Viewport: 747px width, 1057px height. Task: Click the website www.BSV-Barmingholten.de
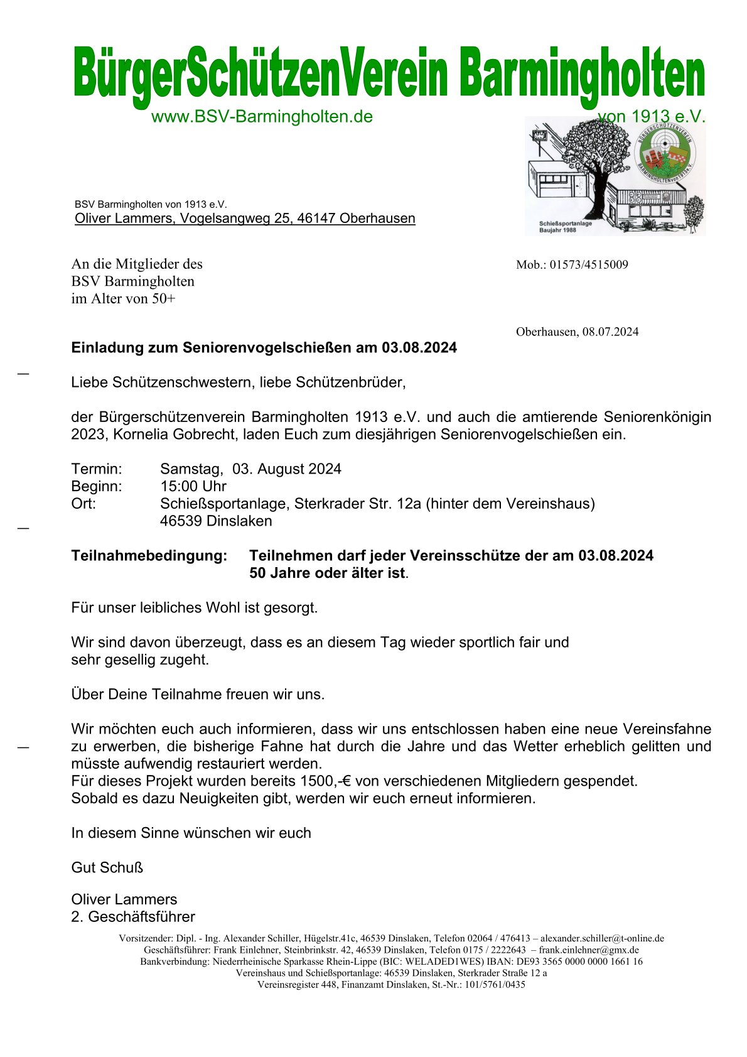click(262, 117)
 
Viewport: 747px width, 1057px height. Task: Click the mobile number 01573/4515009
click(589, 265)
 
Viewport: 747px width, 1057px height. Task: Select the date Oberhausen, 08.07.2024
click(577, 332)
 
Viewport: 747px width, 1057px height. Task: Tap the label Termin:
click(97, 469)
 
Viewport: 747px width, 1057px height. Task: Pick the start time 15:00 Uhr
click(193, 487)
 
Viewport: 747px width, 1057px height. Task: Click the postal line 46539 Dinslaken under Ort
click(216, 521)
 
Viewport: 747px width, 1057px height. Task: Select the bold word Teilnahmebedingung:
click(149, 556)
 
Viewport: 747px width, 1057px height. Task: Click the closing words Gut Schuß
click(107, 868)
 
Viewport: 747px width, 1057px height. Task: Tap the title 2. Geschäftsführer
click(133, 917)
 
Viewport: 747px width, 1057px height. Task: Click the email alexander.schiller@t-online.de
click(602, 939)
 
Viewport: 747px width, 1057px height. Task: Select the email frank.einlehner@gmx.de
click(589, 950)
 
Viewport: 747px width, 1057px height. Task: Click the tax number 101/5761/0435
click(495, 985)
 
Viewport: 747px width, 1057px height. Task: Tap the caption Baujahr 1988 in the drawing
click(557, 230)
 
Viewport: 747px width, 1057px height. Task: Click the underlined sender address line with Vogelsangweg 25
click(245, 219)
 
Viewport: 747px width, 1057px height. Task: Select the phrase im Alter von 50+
click(123, 299)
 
